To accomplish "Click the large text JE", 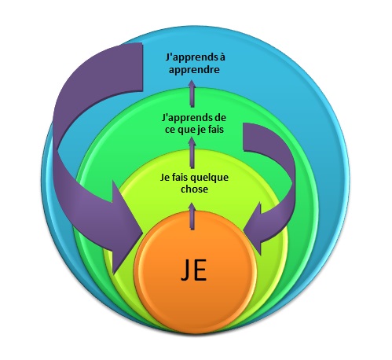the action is click(x=193, y=270).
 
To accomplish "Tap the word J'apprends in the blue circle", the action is click(x=189, y=57).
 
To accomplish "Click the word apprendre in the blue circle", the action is click(x=194, y=70).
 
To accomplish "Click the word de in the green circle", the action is click(x=220, y=117).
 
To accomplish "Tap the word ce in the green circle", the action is click(x=170, y=130).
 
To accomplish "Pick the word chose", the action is click(x=194, y=189).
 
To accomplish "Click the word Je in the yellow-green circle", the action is click(x=164, y=178).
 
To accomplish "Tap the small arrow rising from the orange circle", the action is click(x=192, y=216).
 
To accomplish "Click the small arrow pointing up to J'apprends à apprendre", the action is click(x=192, y=94).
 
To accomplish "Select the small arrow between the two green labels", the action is click(x=192, y=152).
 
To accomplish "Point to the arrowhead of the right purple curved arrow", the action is click(x=254, y=229).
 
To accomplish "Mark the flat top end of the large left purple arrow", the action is click(x=142, y=67).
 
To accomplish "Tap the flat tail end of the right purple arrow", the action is click(x=244, y=137).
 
